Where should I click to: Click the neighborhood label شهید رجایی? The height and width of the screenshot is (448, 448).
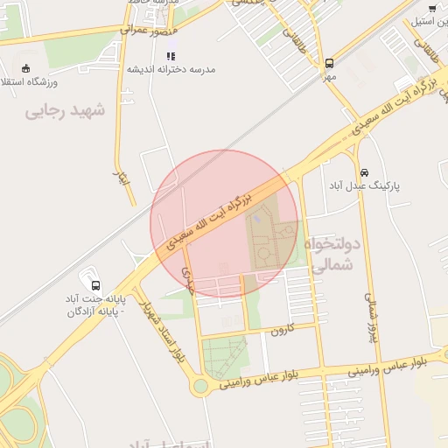(x=65, y=111)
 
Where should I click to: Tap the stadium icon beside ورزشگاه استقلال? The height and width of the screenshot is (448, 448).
(x=26, y=68)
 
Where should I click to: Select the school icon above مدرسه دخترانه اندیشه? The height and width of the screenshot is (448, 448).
(x=171, y=55)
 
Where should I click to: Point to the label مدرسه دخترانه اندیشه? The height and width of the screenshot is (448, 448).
(x=171, y=69)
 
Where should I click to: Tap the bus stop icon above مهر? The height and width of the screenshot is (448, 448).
(x=330, y=63)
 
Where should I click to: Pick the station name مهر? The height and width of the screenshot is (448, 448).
(x=329, y=77)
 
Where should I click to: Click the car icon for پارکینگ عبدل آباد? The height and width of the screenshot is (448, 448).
(x=364, y=172)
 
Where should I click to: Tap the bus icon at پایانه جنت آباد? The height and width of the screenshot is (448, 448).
(x=95, y=285)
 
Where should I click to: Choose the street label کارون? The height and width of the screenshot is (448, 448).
(x=278, y=331)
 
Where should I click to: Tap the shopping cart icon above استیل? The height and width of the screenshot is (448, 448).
(x=432, y=8)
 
